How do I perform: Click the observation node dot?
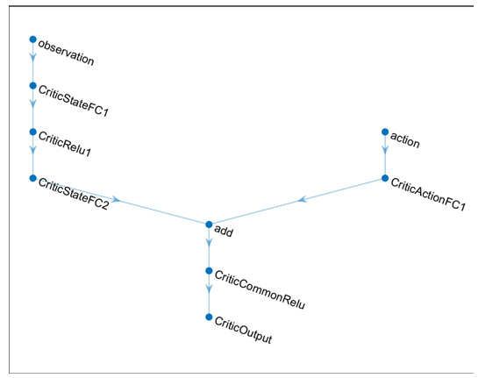[x=33, y=39]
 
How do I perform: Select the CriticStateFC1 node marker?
[x=33, y=86]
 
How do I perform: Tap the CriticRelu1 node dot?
[x=33, y=132]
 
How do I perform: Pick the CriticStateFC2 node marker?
[x=33, y=178]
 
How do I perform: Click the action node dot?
[x=385, y=132]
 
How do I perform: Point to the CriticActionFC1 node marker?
[x=385, y=178]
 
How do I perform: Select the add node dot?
[x=209, y=225]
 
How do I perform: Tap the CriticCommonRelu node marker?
[x=209, y=271]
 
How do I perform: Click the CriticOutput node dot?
[x=209, y=317]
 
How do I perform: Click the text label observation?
[x=66, y=53]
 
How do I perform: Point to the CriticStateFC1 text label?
[x=74, y=101]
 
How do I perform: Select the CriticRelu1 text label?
[x=65, y=144]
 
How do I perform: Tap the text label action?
[x=405, y=140]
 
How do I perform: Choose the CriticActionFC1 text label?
[x=428, y=194]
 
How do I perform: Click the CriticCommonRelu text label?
[x=260, y=289]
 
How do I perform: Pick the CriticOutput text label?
[x=243, y=330]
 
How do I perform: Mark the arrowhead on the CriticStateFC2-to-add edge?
[x=116, y=200]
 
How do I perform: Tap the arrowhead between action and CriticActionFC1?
[x=385, y=150]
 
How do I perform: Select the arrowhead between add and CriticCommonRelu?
[x=209, y=243]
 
